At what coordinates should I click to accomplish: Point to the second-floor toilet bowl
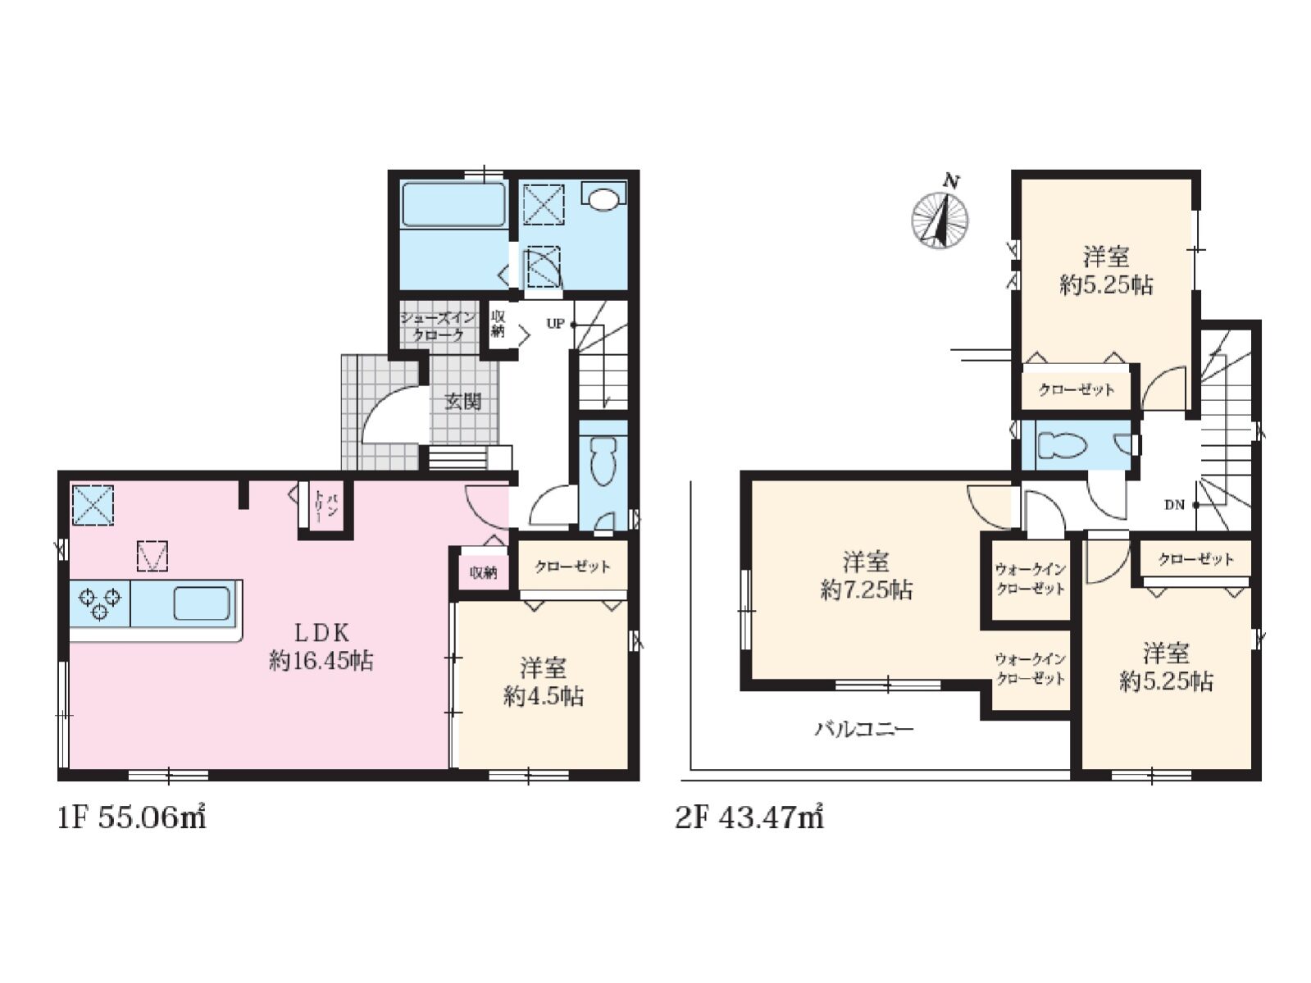[x=1063, y=445]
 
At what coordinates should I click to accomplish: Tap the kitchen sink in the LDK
[x=202, y=603]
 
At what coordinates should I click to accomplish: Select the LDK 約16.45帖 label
[x=321, y=647]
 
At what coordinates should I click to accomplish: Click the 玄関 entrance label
[x=462, y=402]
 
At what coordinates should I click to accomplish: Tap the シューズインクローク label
[x=439, y=326]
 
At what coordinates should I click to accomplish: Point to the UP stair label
[x=555, y=325]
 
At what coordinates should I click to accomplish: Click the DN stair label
[x=1173, y=505]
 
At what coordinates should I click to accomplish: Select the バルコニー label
[x=864, y=729]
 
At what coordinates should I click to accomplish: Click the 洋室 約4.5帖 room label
[x=543, y=682]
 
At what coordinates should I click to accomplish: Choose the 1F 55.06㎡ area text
[x=131, y=817]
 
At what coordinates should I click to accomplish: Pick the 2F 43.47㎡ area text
[x=749, y=817]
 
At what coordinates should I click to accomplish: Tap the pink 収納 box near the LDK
[x=483, y=572]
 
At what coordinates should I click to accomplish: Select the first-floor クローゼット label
[x=572, y=566]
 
